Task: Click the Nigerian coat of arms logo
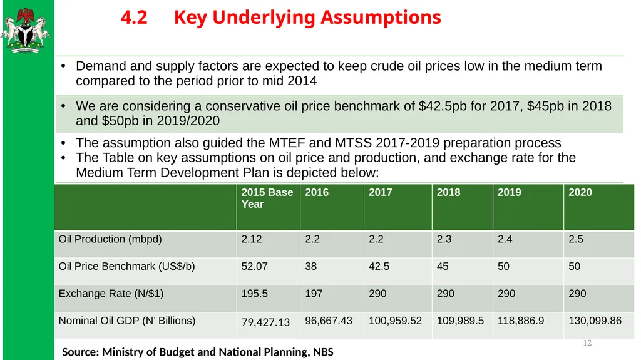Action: click(25, 30)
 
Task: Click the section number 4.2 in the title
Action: click(134, 18)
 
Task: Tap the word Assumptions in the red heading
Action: click(381, 18)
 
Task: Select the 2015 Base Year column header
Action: click(267, 198)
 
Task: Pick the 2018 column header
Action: click(448, 192)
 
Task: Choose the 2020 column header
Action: click(580, 192)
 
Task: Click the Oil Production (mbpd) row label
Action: click(110, 239)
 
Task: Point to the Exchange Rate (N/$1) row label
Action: click(111, 294)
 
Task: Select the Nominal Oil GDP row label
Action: click(126, 321)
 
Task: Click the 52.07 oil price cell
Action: click(254, 266)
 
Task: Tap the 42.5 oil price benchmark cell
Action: click(379, 266)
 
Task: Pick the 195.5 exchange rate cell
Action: click(254, 294)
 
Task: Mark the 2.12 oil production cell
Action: click(252, 239)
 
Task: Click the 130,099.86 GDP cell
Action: click(595, 321)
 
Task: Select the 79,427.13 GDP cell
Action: click(265, 322)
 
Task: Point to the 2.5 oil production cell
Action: click(576, 239)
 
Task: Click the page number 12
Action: click(587, 343)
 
